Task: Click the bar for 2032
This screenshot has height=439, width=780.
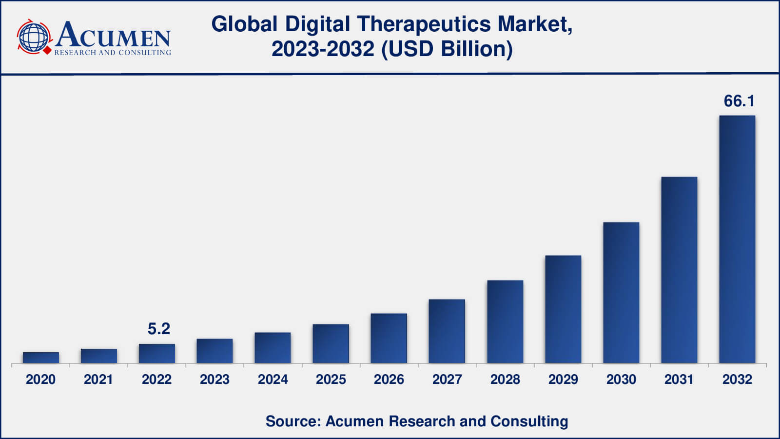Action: click(737, 239)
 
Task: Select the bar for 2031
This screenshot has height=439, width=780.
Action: click(679, 270)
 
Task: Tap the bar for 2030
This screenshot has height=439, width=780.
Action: click(621, 293)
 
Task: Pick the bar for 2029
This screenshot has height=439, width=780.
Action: click(563, 309)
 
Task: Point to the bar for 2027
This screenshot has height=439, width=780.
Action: click(447, 331)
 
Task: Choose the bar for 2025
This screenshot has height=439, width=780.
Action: click(331, 343)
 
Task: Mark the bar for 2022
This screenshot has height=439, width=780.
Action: click(156, 353)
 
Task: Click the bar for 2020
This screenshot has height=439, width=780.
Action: click(41, 358)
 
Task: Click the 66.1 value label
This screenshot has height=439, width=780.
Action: click(739, 101)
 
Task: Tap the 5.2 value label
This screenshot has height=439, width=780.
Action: click(159, 329)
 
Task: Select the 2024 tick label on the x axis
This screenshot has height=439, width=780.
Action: click(273, 379)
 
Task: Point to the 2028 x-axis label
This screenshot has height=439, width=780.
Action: click(505, 379)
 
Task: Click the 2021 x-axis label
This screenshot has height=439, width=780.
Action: click(98, 379)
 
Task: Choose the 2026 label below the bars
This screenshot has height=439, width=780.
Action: click(389, 379)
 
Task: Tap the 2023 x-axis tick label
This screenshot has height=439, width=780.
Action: click(214, 379)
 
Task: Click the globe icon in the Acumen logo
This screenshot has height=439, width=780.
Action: click(34, 37)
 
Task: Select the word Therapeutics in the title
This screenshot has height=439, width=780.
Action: click(424, 24)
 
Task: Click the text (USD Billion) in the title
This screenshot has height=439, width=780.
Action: click(447, 49)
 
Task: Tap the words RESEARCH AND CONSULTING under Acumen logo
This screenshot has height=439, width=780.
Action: click(113, 53)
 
